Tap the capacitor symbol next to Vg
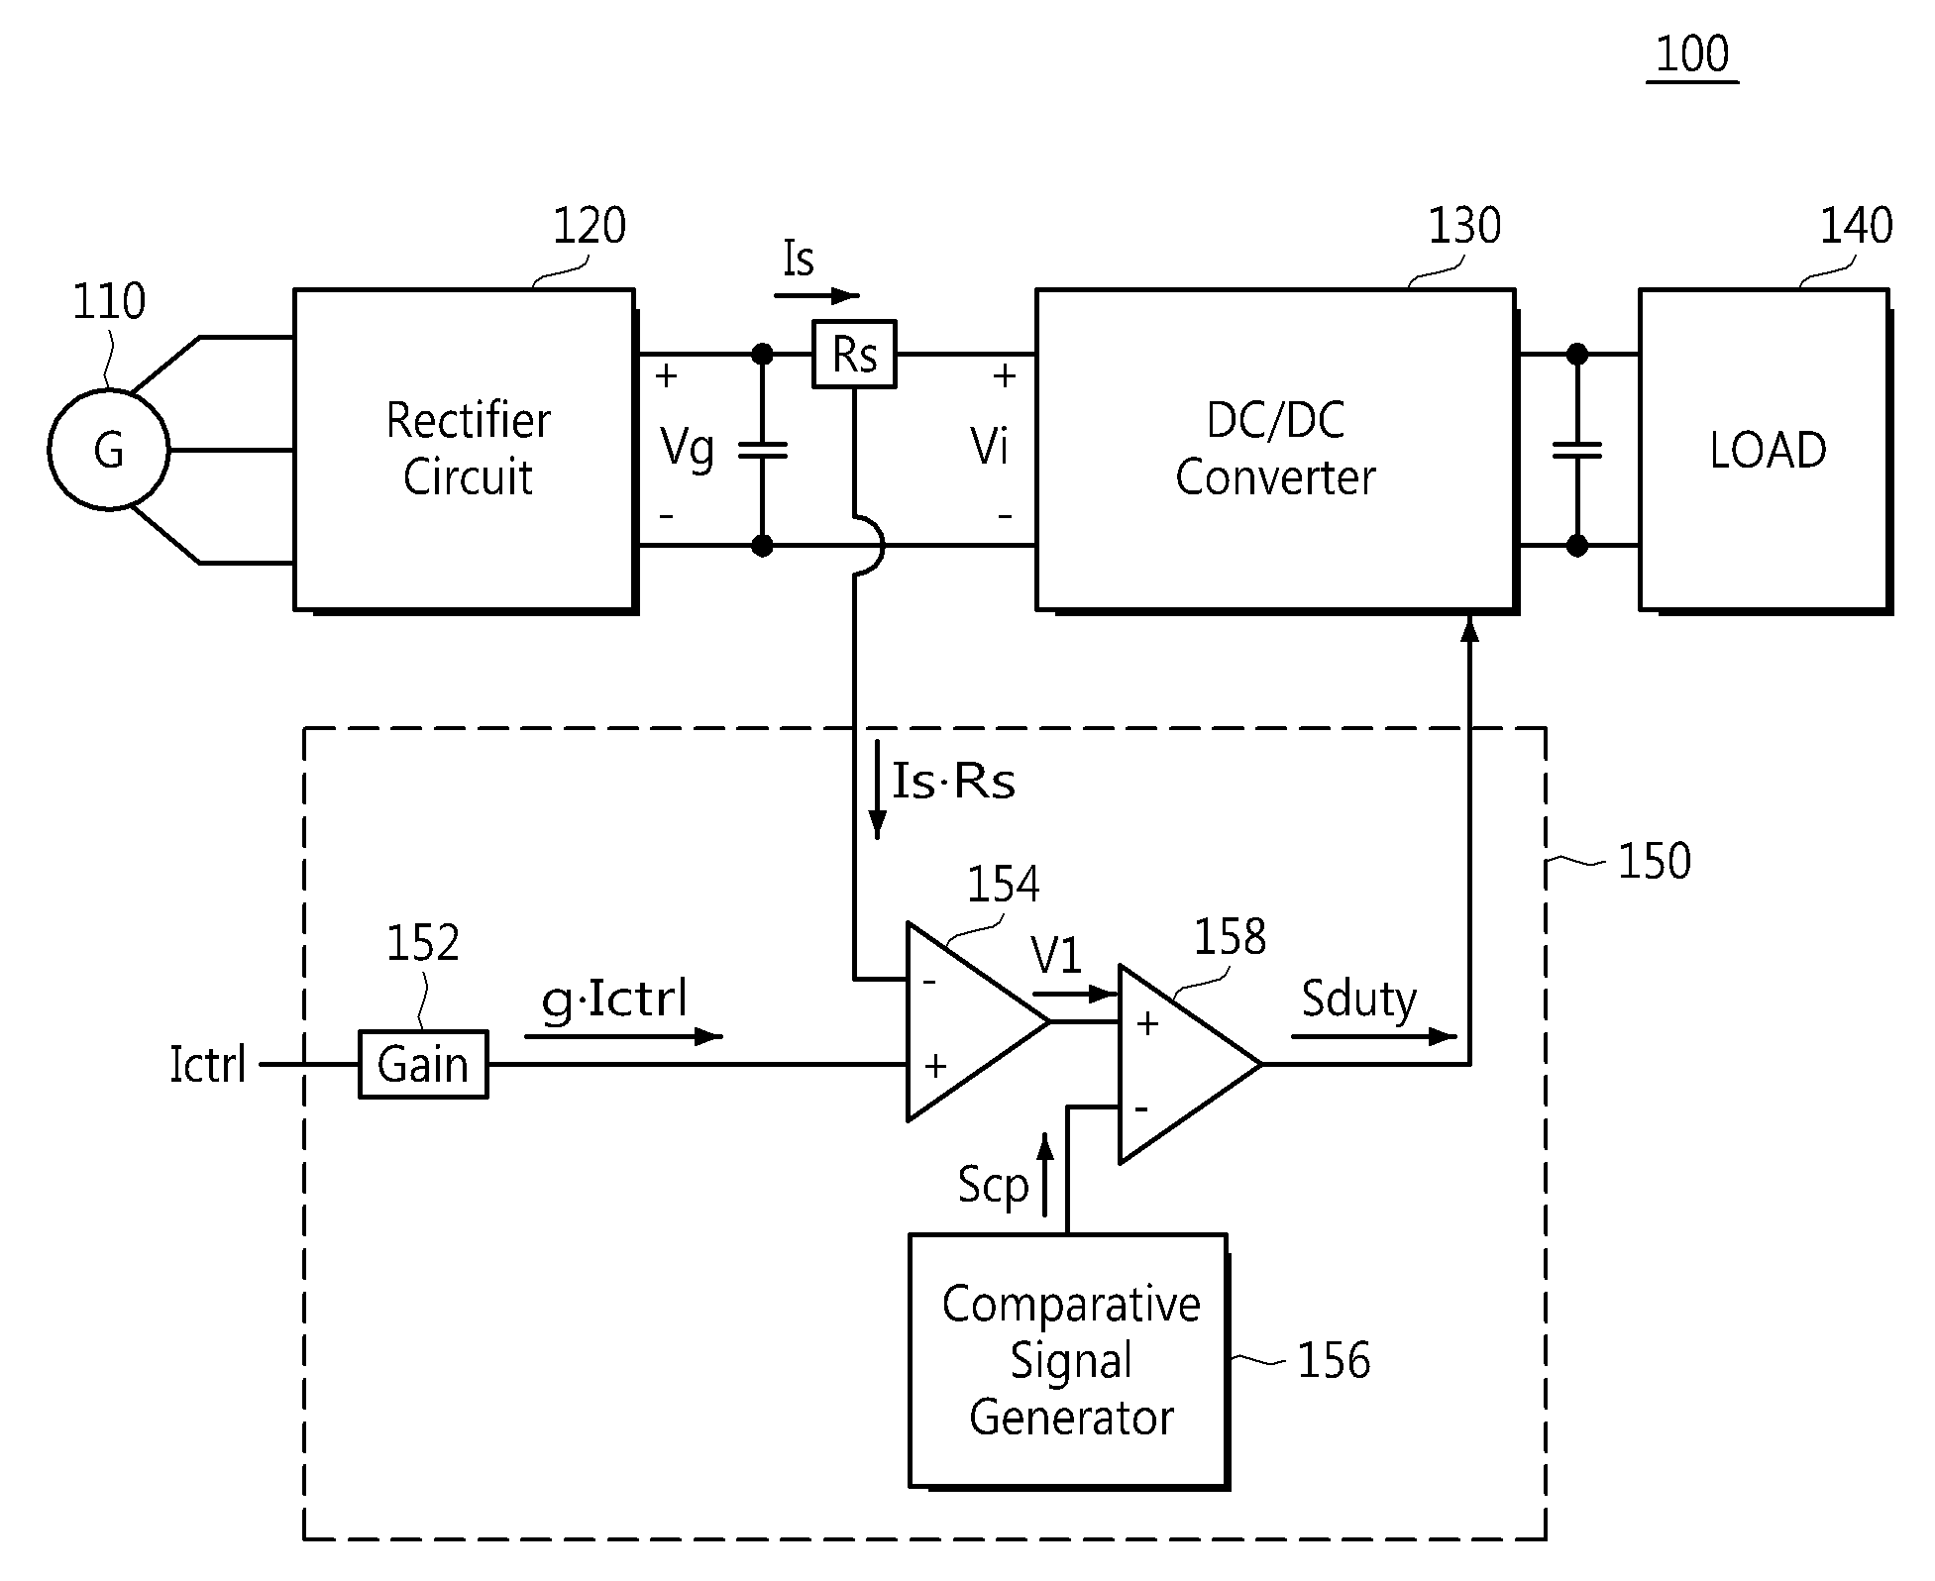tap(762, 450)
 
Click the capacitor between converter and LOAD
tap(1576, 450)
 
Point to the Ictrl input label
tap(208, 1065)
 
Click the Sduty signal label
tap(1358, 999)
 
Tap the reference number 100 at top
tap(1692, 53)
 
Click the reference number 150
tap(1654, 861)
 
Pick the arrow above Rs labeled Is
tap(817, 295)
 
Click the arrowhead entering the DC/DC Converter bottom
tap(1469, 627)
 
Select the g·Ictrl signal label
tap(615, 999)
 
